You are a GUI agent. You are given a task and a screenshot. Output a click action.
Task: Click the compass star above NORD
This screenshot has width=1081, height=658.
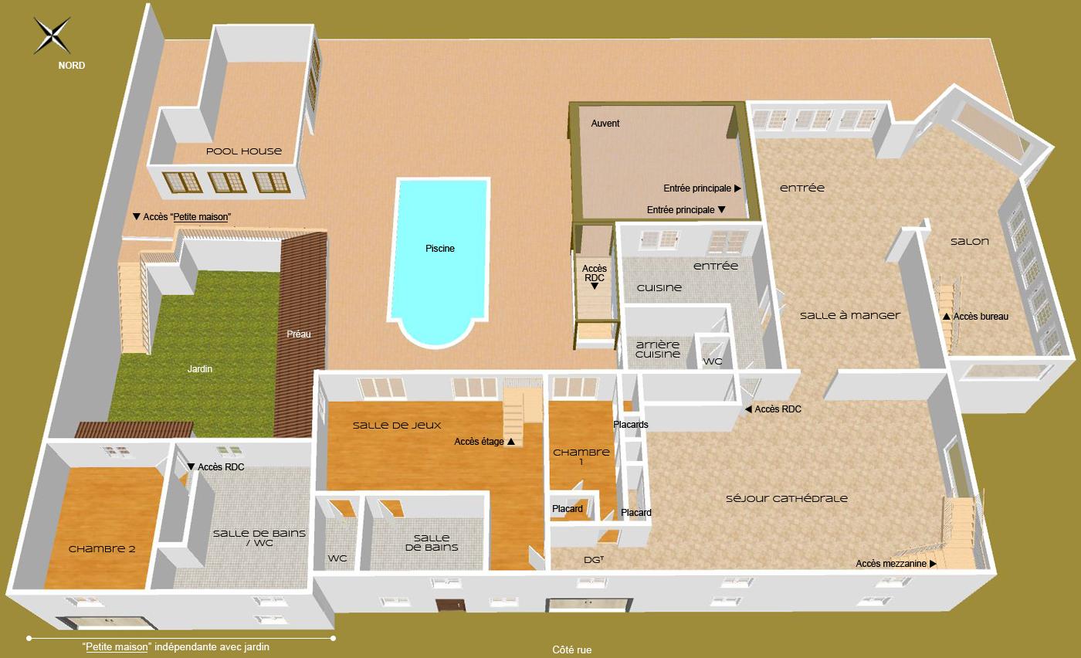53,35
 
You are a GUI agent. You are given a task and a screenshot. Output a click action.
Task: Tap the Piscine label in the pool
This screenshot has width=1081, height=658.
440,249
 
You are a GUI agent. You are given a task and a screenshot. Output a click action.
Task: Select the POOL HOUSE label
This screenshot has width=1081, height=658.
244,151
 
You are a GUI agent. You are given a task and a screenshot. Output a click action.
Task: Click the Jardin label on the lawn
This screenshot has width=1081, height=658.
200,369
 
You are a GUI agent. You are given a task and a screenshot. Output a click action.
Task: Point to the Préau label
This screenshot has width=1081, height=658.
299,334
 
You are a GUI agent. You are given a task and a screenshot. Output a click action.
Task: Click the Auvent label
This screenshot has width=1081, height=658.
605,124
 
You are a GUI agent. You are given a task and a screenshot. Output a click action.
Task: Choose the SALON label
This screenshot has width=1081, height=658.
970,242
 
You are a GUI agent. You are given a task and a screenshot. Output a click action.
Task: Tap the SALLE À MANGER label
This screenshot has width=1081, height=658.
850,315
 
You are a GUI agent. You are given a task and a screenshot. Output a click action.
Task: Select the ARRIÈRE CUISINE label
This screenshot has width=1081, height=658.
658,349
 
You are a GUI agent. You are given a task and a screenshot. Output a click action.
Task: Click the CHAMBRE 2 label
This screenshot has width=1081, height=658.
102,549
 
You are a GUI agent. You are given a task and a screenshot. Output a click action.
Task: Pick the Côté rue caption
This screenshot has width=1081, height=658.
571,650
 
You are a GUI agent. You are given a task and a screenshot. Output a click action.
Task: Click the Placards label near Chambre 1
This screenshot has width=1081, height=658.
631,425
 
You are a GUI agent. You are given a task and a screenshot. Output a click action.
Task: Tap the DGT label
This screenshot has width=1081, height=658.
593,560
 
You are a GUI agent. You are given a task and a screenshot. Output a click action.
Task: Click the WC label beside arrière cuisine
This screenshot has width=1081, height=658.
713,361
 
